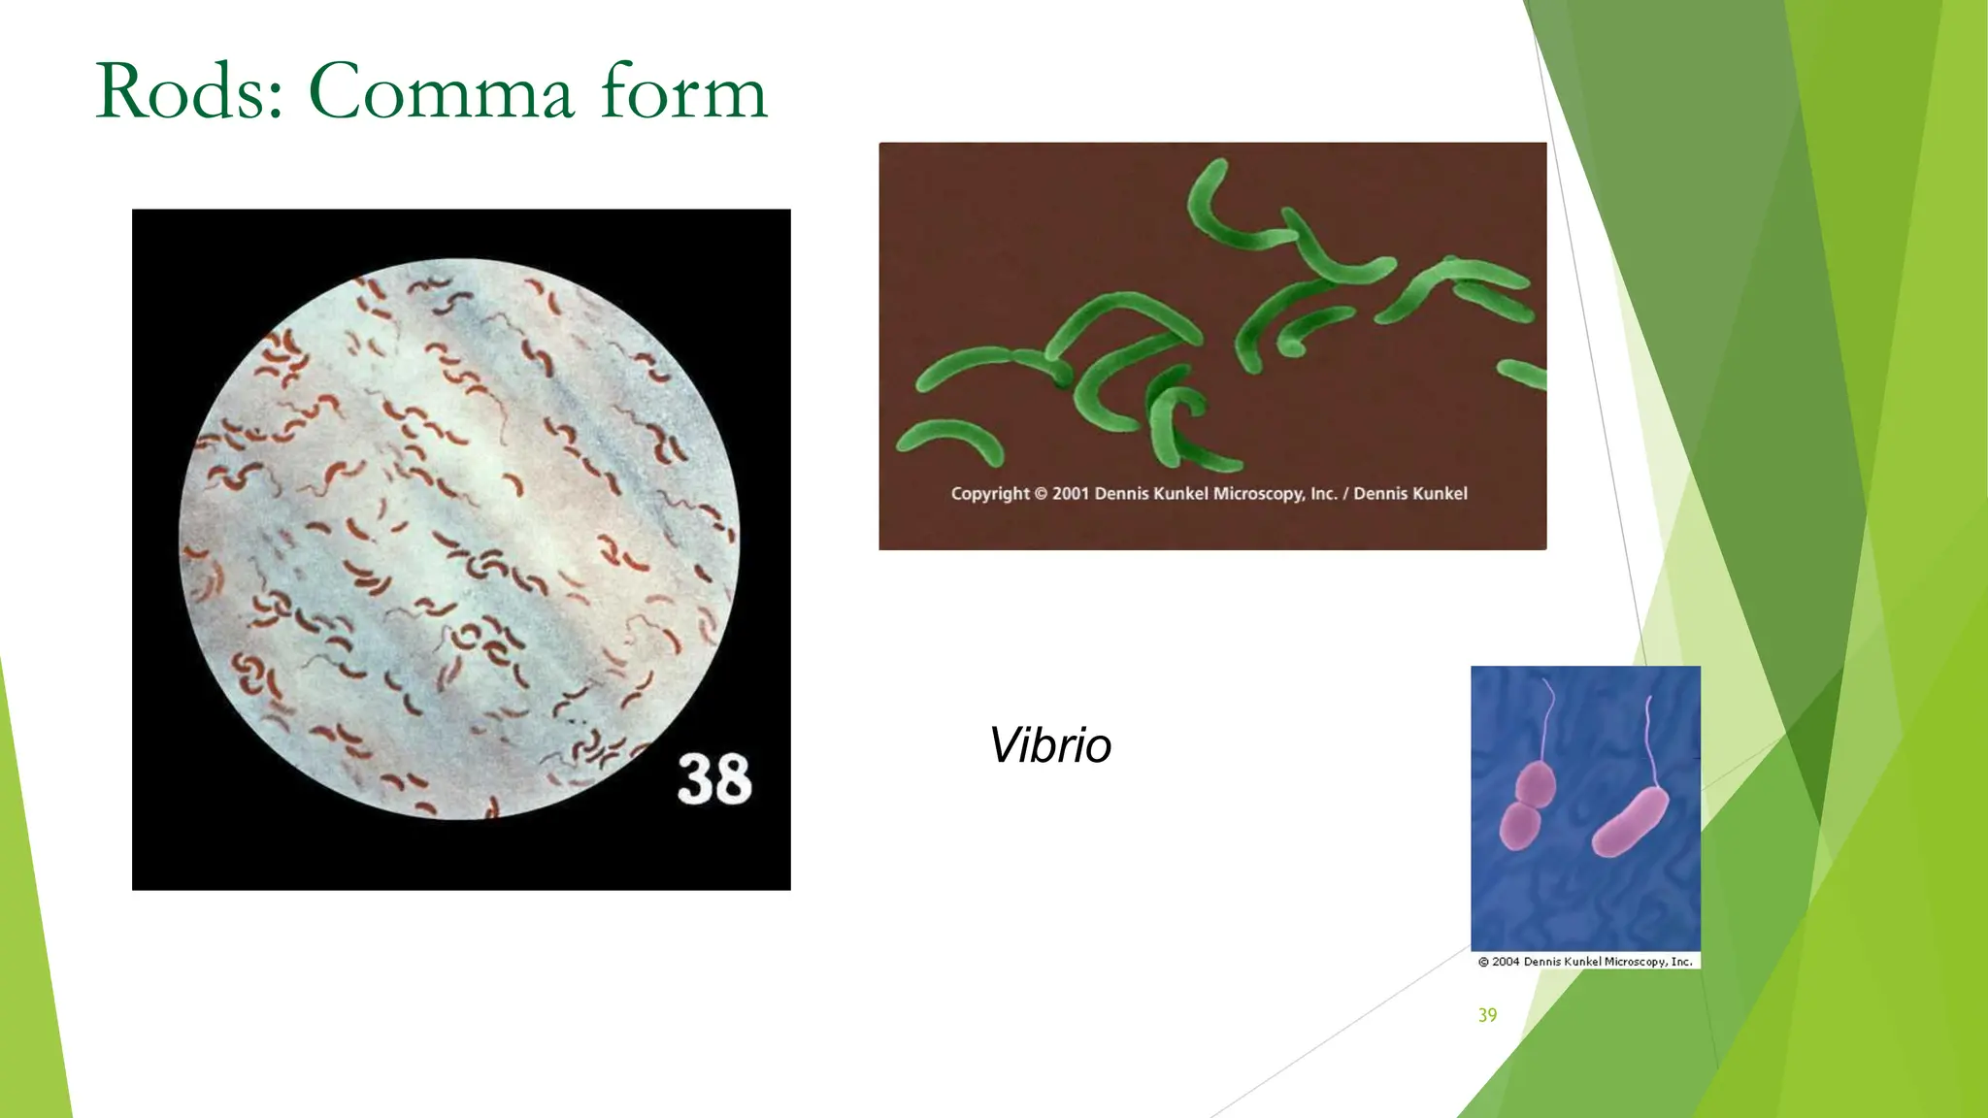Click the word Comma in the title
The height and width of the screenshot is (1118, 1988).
pyautogui.click(x=442, y=92)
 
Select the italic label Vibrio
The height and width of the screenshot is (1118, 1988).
pyautogui.click(x=1049, y=745)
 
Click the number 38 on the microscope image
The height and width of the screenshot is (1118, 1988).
pyautogui.click(x=713, y=778)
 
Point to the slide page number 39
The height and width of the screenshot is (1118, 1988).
pyautogui.click(x=1487, y=1015)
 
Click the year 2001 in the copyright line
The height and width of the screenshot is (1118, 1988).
pyautogui.click(x=1072, y=494)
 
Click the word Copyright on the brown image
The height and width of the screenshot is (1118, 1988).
pyautogui.click(x=990, y=494)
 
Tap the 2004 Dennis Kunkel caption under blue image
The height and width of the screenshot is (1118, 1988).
pyautogui.click(x=1585, y=962)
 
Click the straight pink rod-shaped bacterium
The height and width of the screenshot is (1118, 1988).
pyautogui.click(x=1631, y=821)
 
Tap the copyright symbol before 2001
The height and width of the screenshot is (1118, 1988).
pyautogui.click(x=1041, y=494)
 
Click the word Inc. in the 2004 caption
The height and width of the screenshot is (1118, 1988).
pyautogui.click(x=1682, y=962)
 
